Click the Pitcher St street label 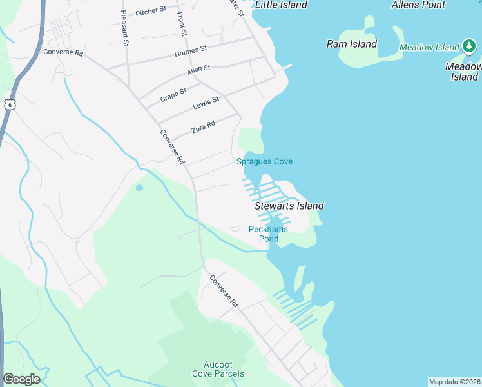tap(151, 11)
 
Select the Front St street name tap(182, 23)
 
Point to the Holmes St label tap(190, 49)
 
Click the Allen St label tap(198, 68)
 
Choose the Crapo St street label tap(173, 94)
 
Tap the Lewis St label tap(206, 102)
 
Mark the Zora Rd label tap(203, 128)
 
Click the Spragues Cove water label tap(264, 161)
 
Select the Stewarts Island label tap(289, 206)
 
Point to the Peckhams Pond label tap(268, 233)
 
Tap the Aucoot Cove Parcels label tap(218, 369)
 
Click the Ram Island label tap(351, 45)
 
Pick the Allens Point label tap(418, 5)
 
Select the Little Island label tap(281, 5)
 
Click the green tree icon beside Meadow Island tap(469, 47)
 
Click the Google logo tap(21, 379)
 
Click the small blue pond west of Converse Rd tap(139, 188)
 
